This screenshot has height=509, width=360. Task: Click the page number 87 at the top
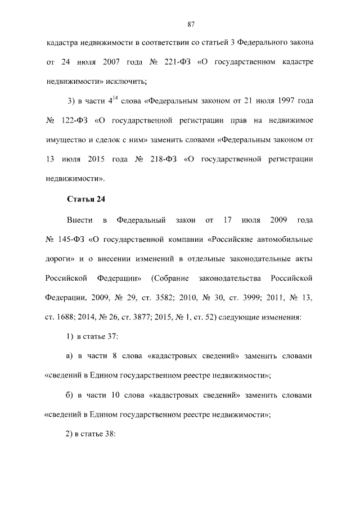coord(191,24)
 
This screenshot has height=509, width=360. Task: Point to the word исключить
coord(126,81)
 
